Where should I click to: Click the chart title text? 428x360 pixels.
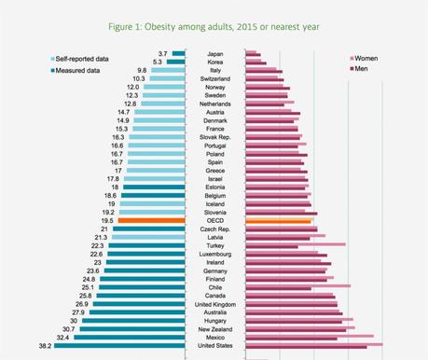(x=213, y=26)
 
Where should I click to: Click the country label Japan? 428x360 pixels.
(x=214, y=55)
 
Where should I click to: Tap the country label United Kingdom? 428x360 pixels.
(x=214, y=303)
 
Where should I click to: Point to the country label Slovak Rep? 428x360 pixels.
(x=214, y=137)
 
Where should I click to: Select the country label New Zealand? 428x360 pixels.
(x=214, y=328)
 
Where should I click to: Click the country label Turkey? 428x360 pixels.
(x=214, y=246)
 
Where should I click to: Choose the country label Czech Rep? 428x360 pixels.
(x=214, y=229)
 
